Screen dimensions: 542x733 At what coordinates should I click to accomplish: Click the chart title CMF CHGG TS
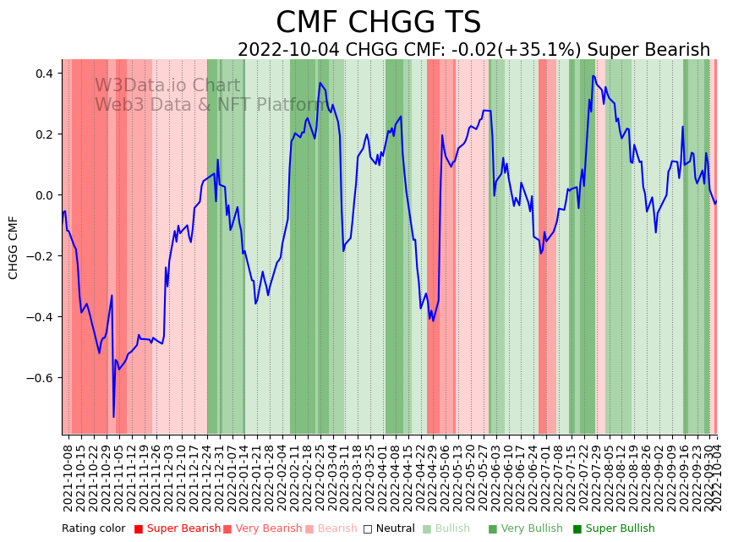(x=378, y=23)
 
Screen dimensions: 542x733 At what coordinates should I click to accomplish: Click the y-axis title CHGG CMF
(x=14, y=247)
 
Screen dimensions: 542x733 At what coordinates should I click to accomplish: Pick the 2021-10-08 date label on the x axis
(x=68, y=474)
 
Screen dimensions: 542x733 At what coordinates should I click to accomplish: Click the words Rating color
(x=93, y=529)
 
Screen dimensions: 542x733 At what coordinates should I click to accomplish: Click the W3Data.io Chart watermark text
(x=167, y=86)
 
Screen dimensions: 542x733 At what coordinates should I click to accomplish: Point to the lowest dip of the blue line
(x=113, y=417)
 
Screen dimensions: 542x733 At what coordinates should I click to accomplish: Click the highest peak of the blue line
(x=594, y=76)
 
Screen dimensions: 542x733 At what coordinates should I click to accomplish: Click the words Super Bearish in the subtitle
(x=648, y=50)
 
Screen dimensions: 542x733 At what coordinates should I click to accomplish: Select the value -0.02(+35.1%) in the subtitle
(x=516, y=50)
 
